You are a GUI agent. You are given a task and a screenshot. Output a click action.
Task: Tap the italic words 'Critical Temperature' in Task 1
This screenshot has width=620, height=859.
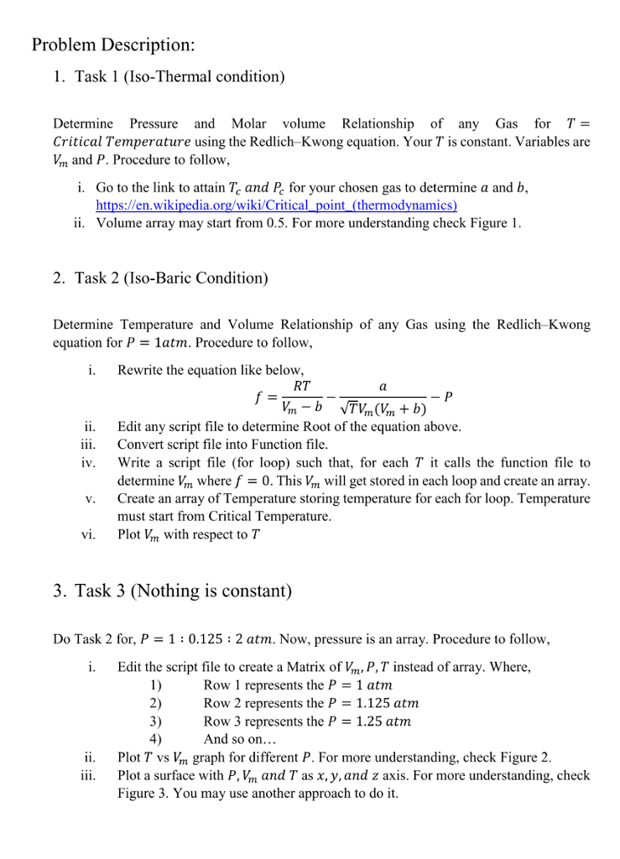tap(122, 141)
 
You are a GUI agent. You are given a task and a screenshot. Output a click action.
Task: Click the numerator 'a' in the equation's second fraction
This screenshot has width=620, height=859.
tap(383, 387)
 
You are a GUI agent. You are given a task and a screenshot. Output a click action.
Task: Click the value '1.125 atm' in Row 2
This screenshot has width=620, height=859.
tap(386, 703)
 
